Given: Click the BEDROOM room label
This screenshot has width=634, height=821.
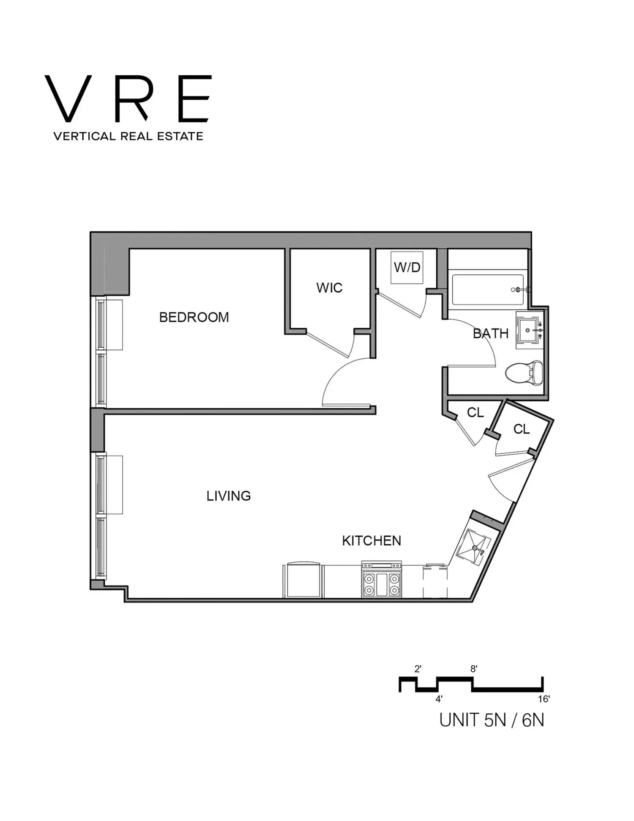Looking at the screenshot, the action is click(x=194, y=317).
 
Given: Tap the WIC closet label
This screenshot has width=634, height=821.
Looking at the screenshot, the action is click(x=329, y=288).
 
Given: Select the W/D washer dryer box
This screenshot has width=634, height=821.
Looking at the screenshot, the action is click(x=407, y=268).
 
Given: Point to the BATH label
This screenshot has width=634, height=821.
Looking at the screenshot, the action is click(x=491, y=334).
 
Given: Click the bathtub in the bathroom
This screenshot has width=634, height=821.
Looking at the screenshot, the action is click(x=488, y=290).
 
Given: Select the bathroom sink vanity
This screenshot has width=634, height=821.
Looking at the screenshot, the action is click(x=530, y=330).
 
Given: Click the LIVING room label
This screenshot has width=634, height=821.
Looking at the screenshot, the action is click(x=228, y=496).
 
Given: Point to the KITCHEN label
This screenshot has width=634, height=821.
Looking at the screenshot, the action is click(x=372, y=541).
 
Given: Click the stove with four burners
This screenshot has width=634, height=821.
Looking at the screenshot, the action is click(x=382, y=579).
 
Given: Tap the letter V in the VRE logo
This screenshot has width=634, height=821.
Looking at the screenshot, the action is click(x=68, y=99).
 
